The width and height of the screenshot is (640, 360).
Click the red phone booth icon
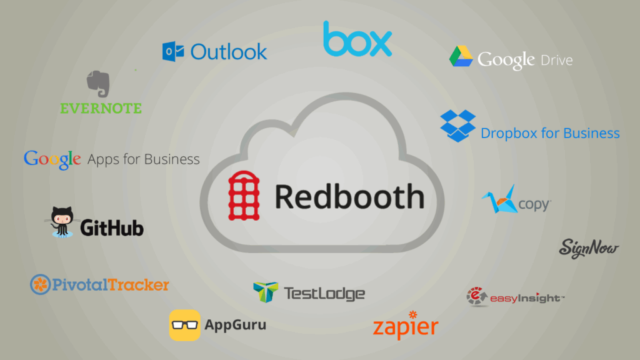pyautogui.click(x=244, y=196)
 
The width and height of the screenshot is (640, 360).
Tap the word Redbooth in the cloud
pyautogui.click(x=350, y=197)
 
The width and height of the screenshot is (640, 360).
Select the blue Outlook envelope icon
pyautogui.click(x=173, y=51)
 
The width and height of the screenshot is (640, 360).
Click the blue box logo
pyautogui.click(x=357, y=39)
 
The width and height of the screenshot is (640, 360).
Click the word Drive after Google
pyautogui.click(x=556, y=61)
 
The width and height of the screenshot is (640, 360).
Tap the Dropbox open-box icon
pyautogui.click(x=458, y=126)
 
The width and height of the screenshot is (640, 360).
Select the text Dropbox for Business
pyautogui.click(x=550, y=133)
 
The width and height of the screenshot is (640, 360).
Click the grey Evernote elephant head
pyautogui.click(x=98, y=84)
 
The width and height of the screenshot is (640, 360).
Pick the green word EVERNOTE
pyautogui.click(x=101, y=108)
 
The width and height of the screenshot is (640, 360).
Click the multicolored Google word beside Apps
pyautogui.click(x=52, y=159)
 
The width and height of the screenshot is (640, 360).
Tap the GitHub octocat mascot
pyautogui.click(x=62, y=222)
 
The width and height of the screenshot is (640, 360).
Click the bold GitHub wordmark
pyautogui.click(x=112, y=227)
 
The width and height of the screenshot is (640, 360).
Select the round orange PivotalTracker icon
pyautogui.click(x=41, y=284)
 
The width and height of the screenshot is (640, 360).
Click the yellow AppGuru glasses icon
pyautogui.click(x=185, y=325)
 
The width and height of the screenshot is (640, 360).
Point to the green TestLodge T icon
pyautogui.click(x=266, y=292)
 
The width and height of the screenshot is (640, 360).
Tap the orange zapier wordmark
pyautogui.click(x=406, y=326)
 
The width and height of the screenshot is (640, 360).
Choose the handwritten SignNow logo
pyautogui.click(x=589, y=248)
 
